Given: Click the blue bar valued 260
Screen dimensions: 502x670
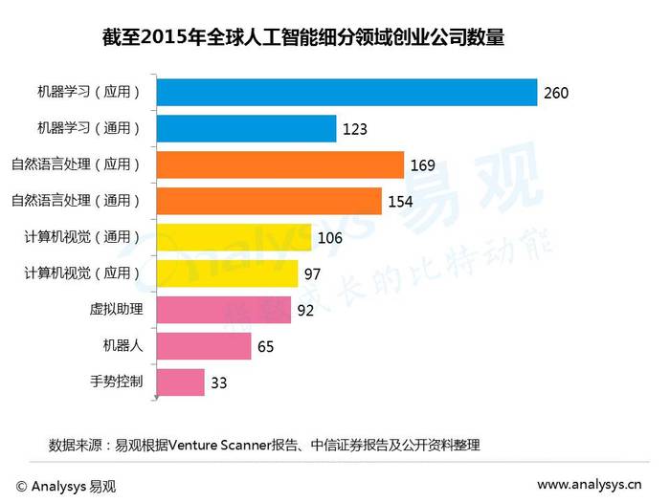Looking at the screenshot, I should pyautogui.click(x=346, y=92).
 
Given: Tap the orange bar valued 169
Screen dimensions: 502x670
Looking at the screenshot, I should pyautogui.click(x=279, y=164).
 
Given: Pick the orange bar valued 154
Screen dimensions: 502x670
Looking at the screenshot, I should pyautogui.click(x=272, y=201).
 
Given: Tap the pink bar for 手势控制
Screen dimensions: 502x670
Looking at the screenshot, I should pyautogui.click(x=179, y=382).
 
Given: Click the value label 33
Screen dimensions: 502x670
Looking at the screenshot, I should pyautogui.click(x=219, y=383).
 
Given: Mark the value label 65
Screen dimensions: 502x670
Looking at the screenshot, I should pyautogui.click(x=265, y=347).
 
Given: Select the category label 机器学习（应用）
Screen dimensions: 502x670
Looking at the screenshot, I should pyautogui.click(x=89, y=92).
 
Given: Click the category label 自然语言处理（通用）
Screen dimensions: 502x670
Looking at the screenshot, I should pyautogui.click(x=76, y=201).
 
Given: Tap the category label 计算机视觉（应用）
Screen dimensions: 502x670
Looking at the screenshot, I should pyautogui.click(x=82, y=273).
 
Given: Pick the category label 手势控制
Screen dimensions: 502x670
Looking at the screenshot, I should pyautogui.click(x=117, y=382).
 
